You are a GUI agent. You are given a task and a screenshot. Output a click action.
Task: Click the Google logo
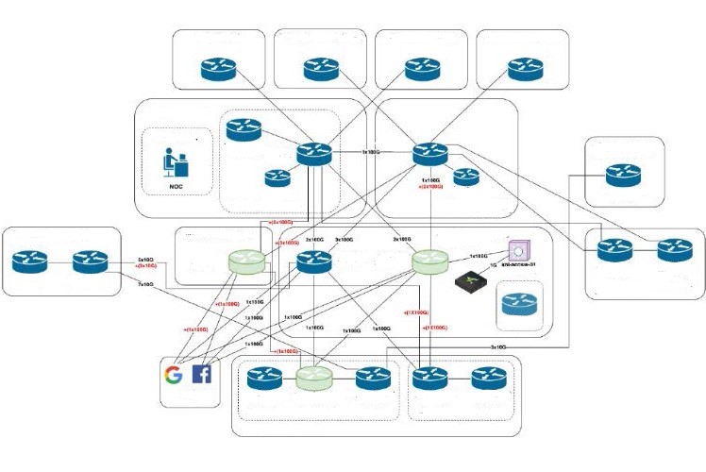(173, 375)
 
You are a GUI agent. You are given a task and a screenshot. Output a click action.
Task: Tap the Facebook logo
(202, 375)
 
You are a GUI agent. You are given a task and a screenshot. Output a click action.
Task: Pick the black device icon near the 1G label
(469, 280)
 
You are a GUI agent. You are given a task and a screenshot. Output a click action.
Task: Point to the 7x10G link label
(145, 283)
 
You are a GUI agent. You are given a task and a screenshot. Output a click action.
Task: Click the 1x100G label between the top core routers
(371, 151)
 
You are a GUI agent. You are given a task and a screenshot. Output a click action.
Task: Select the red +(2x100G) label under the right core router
(430, 187)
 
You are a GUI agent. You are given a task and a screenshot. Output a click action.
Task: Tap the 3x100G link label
(344, 240)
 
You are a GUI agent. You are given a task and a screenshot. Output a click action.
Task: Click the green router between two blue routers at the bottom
(313, 379)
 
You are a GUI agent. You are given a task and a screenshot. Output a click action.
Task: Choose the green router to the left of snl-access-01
(429, 261)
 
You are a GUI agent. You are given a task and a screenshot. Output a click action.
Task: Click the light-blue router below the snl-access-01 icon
(516, 306)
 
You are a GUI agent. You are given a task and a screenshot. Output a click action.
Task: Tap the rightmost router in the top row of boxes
(526, 69)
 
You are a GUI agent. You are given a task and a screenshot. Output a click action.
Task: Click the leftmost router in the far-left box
(31, 259)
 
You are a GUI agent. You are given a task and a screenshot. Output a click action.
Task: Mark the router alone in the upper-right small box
(623, 174)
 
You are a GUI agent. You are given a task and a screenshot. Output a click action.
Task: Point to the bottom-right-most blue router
(489, 379)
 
